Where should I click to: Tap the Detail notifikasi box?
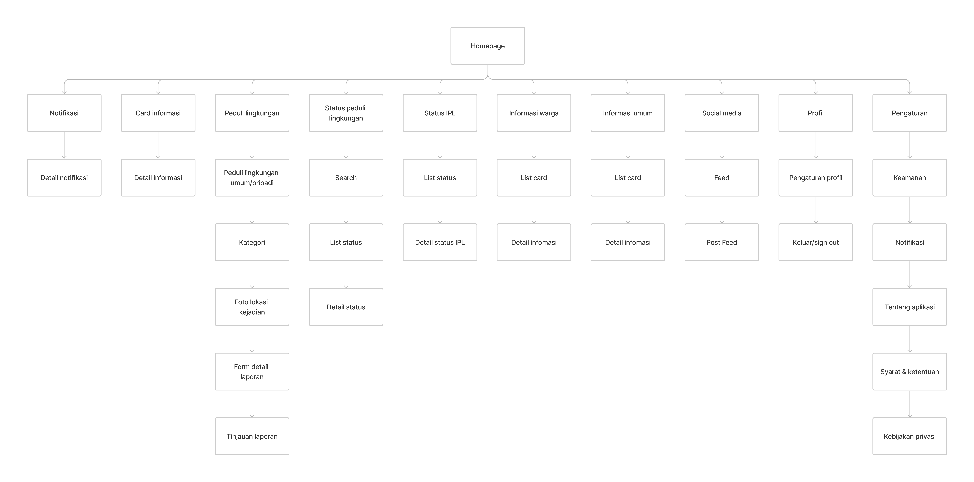(x=64, y=177)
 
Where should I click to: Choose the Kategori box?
(x=252, y=242)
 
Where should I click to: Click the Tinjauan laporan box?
(x=252, y=436)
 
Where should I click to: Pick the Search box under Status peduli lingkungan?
(x=346, y=177)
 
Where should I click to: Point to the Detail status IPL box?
(x=440, y=242)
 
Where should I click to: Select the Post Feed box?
(x=722, y=242)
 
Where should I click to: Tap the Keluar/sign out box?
(x=816, y=242)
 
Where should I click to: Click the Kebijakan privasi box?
(x=910, y=436)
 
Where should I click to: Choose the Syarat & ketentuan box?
(x=910, y=372)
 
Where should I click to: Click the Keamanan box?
(x=910, y=177)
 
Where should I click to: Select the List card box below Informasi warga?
(x=534, y=177)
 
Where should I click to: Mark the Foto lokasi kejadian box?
(x=252, y=307)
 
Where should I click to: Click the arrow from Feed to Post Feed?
(x=722, y=210)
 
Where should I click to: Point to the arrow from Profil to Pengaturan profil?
(x=816, y=145)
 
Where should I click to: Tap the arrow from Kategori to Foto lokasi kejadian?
(x=252, y=275)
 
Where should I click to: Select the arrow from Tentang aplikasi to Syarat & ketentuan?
(x=910, y=339)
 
